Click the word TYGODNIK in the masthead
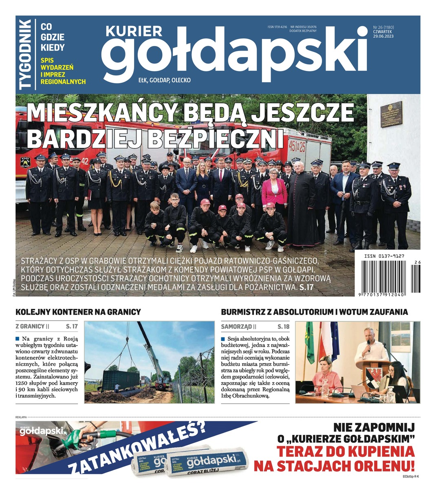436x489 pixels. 25,54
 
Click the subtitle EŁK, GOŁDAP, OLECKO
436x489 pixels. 165,80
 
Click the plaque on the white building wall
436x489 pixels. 391,114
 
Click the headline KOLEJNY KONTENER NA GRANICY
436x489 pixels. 78,312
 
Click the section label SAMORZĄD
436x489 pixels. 236,326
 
